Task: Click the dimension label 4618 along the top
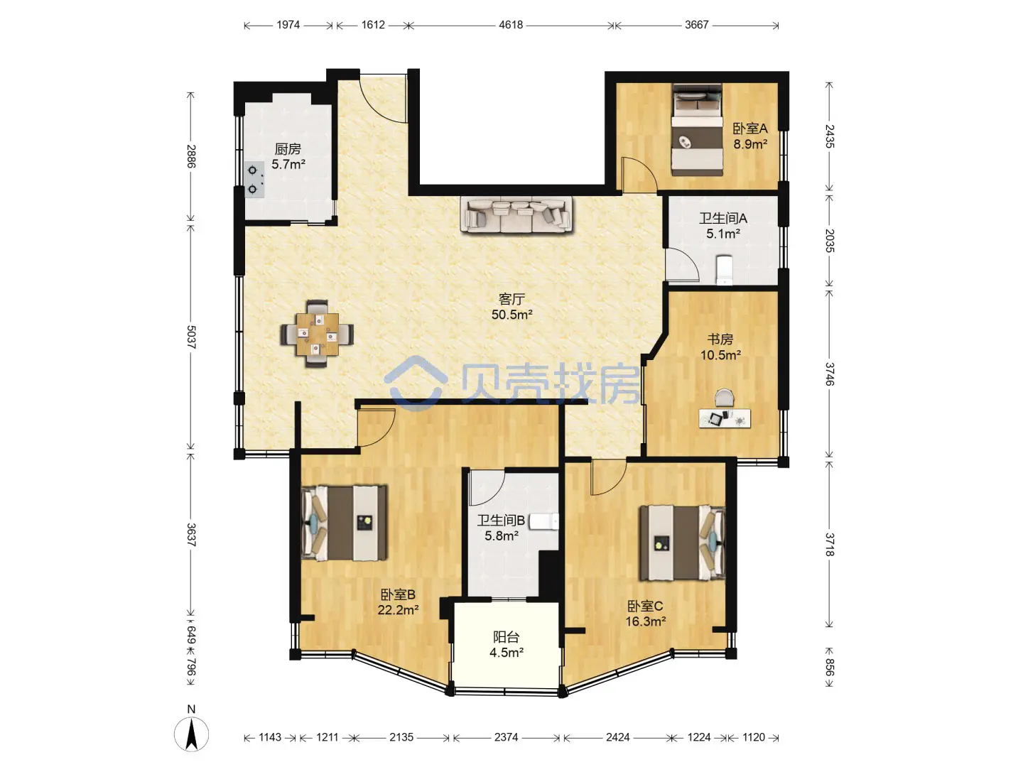coord(511,25)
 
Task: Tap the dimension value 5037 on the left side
coord(191,337)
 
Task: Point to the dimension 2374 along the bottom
coord(506,737)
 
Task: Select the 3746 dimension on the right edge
coord(830,374)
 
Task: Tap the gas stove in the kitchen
coord(254,180)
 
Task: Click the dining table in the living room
coord(317,334)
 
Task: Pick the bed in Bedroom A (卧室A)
coord(697,129)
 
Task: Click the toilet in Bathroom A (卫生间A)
coord(724,269)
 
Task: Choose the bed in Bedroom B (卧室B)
coord(345,523)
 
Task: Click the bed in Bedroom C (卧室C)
coord(682,543)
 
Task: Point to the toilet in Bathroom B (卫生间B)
coord(544,521)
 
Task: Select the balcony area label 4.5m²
coord(506,653)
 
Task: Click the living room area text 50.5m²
coord(511,315)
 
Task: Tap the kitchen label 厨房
coord(288,149)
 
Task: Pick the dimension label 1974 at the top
coord(288,25)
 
